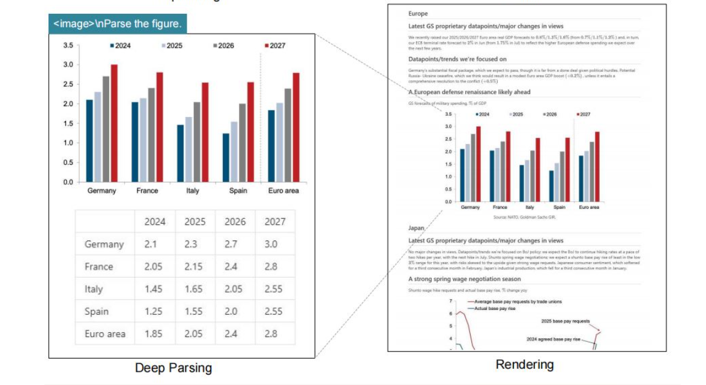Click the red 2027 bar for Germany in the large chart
click(x=114, y=123)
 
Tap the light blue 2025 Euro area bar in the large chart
click(x=279, y=142)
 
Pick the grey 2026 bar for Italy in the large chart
click(x=196, y=142)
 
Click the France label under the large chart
click(x=147, y=191)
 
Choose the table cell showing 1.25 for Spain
click(x=154, y=311)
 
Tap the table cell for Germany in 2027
click(x=271, y=244)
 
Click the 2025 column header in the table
click(x=195, y=222)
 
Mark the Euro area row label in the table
click(x=105, y=334)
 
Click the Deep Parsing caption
click(x=173, y=368)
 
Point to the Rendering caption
click(x=524, y=364)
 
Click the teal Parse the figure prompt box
click(x=118, y=25)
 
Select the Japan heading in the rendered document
click(x=416, y=228)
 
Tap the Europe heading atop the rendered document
click(x=418, y=13)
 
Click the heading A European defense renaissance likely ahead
click(x=469, y=92)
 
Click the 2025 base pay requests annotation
click(x=566, y=321)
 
